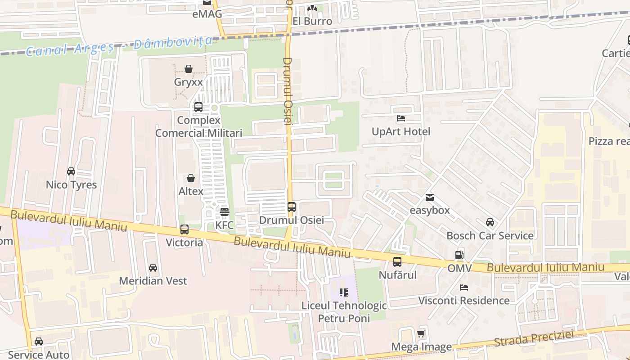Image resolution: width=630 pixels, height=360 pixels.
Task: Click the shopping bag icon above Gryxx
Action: [189, 69]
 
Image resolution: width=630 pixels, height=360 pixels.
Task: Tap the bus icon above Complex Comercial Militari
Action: [198, 107]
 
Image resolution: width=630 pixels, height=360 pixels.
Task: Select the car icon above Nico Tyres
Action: [71, 171]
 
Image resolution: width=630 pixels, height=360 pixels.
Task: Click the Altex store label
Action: [191, 191]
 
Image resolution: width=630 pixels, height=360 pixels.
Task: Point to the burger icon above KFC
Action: [225, 211]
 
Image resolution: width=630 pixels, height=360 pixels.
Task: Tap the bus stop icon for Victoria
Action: [184, 229]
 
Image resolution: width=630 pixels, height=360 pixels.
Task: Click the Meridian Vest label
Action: [153, 281]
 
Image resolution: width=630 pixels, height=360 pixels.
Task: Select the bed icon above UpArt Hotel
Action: [401, 118]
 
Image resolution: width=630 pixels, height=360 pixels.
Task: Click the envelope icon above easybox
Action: [430, 197]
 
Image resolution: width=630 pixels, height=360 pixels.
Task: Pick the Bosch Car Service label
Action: [490, 236]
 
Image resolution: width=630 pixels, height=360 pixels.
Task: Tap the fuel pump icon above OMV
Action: [459, 255]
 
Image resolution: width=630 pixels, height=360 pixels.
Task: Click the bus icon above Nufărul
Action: [397, 261]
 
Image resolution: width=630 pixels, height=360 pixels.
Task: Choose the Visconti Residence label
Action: [464, 301]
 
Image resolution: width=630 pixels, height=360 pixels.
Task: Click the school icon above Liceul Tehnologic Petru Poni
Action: [344, 292]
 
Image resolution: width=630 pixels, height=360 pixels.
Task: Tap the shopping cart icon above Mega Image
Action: [421, 334]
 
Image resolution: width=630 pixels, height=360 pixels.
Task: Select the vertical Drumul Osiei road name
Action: [288, 90]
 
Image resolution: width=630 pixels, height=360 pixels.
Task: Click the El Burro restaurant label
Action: [312, 21]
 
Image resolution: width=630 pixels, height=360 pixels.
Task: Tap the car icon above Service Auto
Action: [39, 342]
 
